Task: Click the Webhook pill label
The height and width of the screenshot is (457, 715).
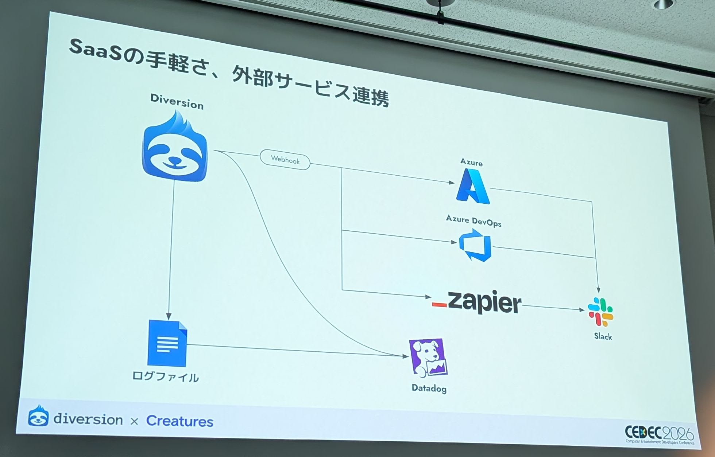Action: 285,160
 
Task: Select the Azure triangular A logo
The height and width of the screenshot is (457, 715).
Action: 473,185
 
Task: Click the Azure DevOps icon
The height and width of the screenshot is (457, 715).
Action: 475,245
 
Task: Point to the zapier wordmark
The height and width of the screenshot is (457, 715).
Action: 476,302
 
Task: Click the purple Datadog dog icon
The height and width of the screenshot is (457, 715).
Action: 428,358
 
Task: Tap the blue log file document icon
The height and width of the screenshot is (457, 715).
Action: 167,343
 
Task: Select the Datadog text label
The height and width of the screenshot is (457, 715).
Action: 429,388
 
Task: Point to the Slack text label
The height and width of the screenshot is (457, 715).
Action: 603,336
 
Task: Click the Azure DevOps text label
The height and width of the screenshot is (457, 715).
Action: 474,220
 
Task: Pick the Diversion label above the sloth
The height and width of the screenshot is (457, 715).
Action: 177,102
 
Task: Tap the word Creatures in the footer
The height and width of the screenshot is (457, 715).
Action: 180,421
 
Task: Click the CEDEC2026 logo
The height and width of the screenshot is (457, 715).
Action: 659,434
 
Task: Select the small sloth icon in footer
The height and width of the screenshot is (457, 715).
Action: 38,415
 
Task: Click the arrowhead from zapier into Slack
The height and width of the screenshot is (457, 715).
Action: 581,310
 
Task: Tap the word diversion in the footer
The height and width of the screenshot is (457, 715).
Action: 88,419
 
